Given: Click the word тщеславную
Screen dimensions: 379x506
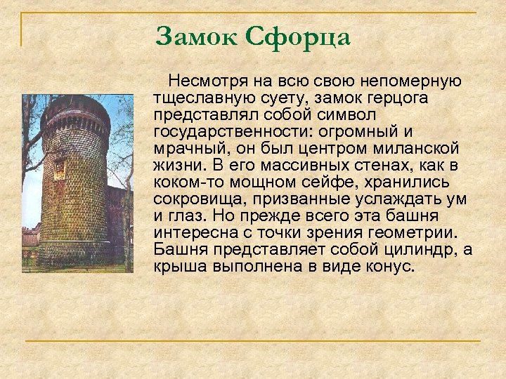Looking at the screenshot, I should coord(200,99).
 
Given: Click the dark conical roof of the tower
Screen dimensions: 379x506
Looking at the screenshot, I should coord(74,105).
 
